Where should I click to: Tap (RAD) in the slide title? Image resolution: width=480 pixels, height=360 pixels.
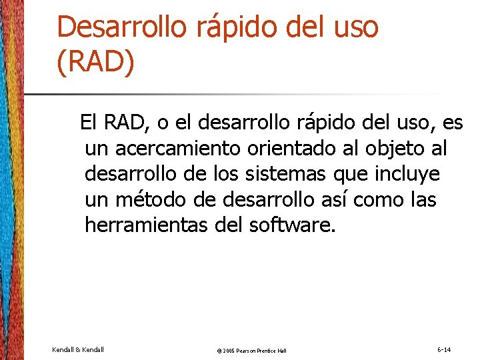point(96,63)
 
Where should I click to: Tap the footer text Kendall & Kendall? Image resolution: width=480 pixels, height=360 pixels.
point(77,349)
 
